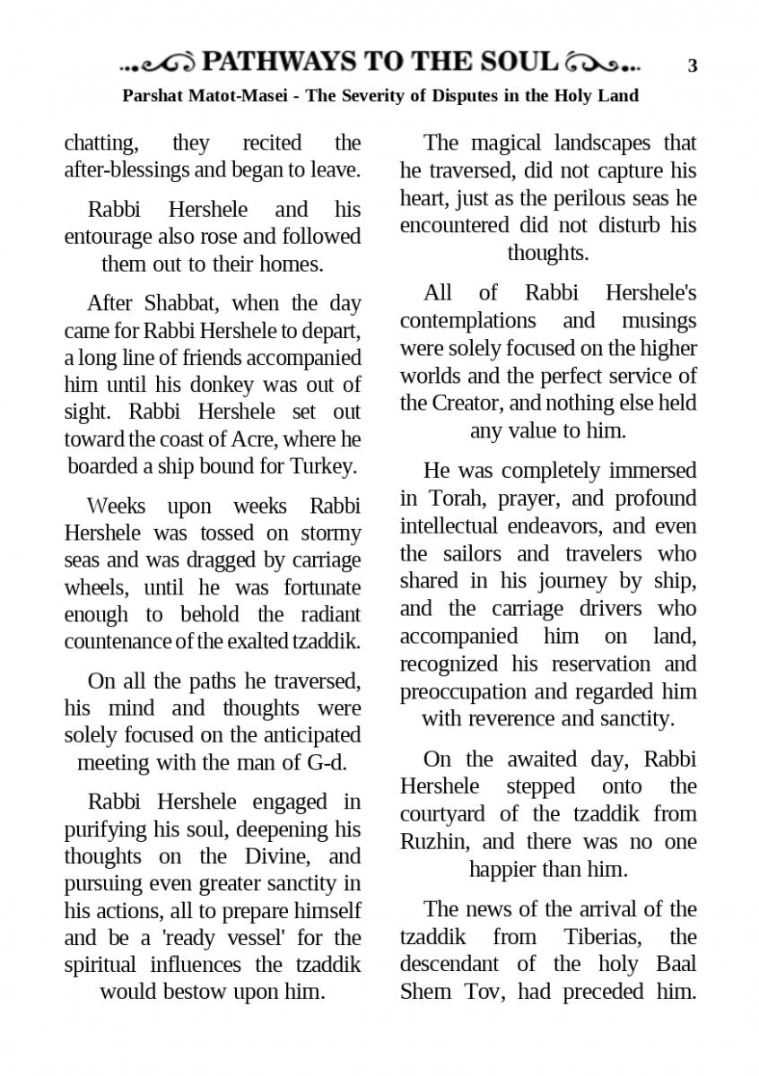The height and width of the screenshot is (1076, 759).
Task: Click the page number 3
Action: (x=692, y=65)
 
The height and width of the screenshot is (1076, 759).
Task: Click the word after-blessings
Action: (x=130, y=169)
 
